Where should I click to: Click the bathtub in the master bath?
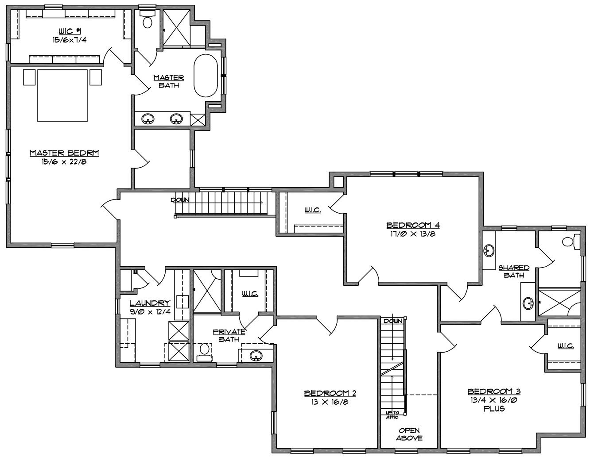click(x=206, y=76)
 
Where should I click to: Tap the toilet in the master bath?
click(x=148, y=19)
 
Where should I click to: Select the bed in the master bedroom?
click(x=62, y=96)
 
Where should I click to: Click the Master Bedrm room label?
click(x=64, y=153)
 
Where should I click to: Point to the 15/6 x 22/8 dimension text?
click(x=64, y=162)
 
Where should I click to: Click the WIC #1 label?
click(x=70, y=31)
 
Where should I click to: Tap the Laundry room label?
click(x=150, y=303)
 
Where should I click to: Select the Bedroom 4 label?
click(x=413, y=225)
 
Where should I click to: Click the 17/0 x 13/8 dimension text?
click(x=413, y=234)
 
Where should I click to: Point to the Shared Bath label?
click(x=514, y=272)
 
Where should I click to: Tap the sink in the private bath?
click(x=256, y=356)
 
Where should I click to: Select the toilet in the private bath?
click(x=205, y=352)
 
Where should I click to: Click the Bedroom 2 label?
click(x=330, y=393)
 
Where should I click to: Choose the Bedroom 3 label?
click(x=494, y=391)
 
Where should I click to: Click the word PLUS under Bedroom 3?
click(x=494, y=409)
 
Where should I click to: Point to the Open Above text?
click(x=409, y=434)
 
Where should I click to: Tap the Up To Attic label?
click(x=392, y=415)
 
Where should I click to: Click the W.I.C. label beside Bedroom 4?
click(x=312, y=210)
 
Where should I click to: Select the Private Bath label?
click(x=229, y=335)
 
